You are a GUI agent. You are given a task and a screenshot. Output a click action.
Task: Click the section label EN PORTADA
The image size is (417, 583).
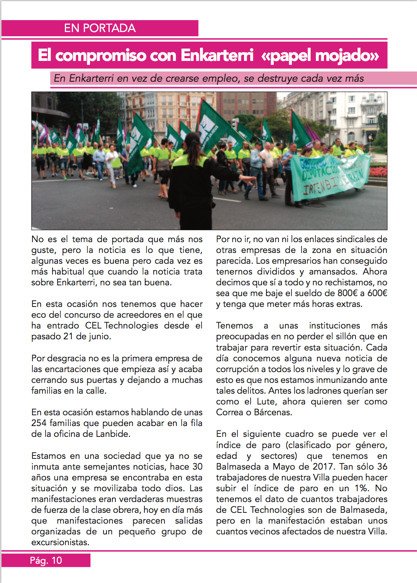coord(100,28)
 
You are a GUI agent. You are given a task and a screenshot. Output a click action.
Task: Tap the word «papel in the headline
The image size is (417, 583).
coord(286,56)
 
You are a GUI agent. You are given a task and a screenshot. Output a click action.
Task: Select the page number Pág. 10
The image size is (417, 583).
coord(46,560)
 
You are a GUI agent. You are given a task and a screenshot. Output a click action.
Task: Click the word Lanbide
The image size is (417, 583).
coord(113,434)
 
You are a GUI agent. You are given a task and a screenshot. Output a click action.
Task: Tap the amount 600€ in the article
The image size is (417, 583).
coord(377,293)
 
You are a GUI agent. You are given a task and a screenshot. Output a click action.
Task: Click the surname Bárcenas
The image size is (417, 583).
coord(273,412)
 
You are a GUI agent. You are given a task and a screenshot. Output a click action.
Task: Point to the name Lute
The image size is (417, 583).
coord(266,401)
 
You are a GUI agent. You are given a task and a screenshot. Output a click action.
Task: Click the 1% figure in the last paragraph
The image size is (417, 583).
coord(361,488)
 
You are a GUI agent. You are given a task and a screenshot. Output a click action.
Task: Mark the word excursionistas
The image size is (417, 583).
coord(60,542)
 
